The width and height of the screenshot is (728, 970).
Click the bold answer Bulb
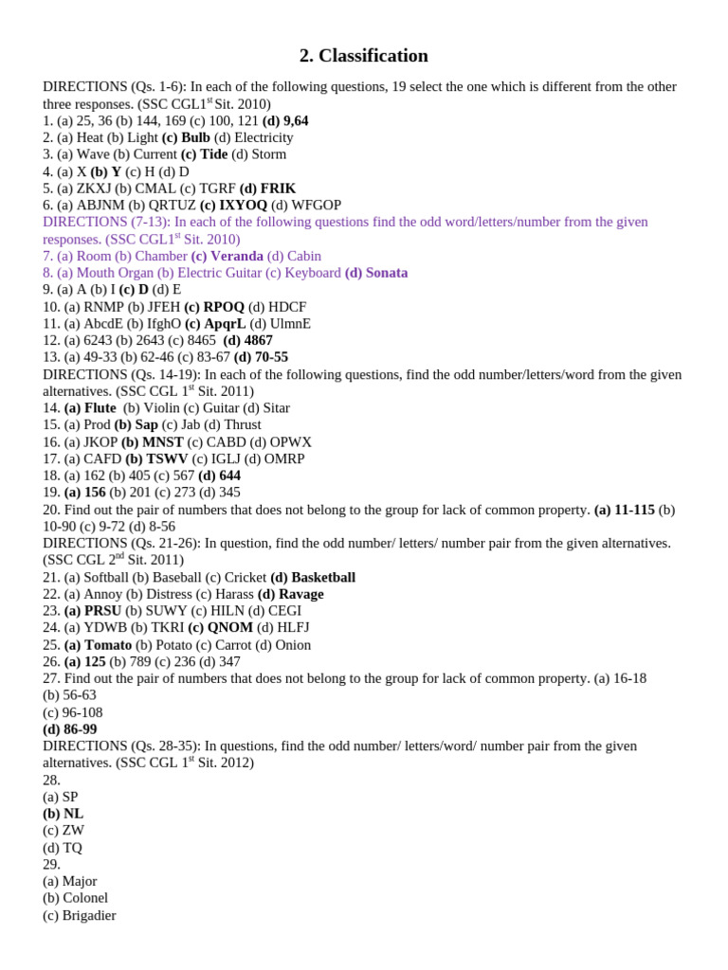(195, 137)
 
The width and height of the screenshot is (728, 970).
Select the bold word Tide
(213, 154)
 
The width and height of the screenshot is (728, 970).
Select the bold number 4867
(257, 340)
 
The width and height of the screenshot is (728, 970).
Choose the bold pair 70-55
(271, 357)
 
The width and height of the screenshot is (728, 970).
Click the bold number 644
(229, 476)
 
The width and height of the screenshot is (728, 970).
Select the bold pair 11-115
(634, 510)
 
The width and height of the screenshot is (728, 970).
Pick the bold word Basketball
(323, 577)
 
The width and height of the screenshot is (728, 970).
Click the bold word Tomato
(108, 645)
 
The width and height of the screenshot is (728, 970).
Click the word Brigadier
(89, 915)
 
